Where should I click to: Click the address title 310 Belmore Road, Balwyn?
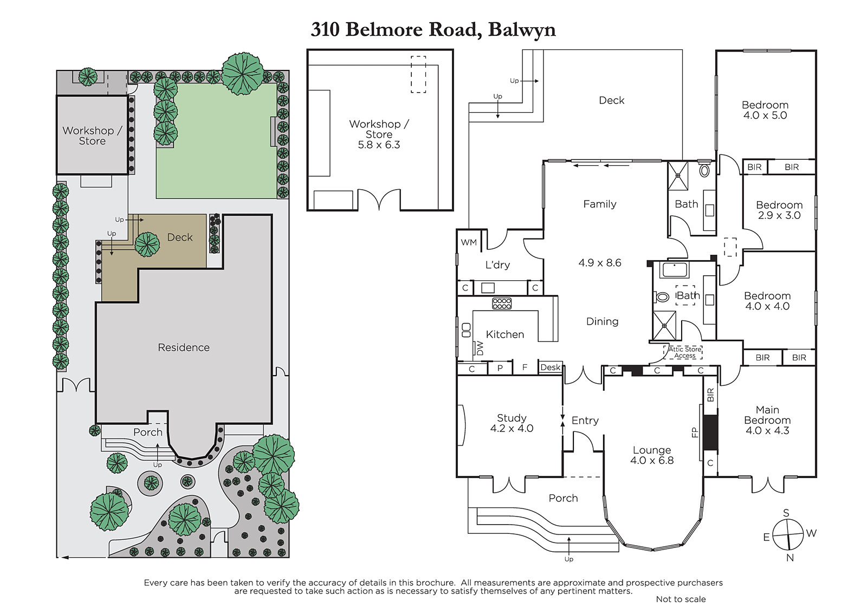433,29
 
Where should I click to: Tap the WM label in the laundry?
469,242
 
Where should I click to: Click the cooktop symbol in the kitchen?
502,304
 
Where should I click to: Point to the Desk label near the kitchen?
551,367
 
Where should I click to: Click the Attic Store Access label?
684,352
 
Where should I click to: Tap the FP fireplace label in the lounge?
695,432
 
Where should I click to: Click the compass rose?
787,534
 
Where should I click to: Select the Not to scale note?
681,599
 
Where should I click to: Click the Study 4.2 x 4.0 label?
512,423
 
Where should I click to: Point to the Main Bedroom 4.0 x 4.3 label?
767,420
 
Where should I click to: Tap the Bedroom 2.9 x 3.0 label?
779,210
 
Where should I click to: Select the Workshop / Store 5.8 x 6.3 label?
379,134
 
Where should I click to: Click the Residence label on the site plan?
184,347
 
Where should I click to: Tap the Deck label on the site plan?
180,237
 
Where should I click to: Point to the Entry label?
585,421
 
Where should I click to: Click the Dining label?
602,321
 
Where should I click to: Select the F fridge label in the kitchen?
525,367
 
